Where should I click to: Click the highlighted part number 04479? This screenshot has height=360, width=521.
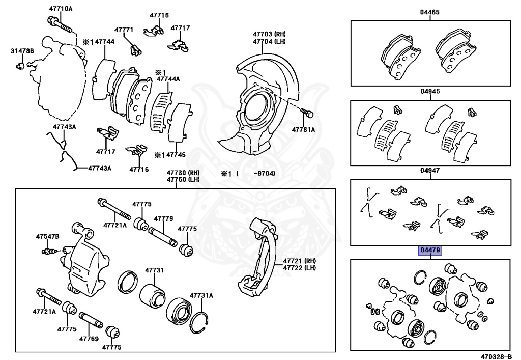click(430, 251)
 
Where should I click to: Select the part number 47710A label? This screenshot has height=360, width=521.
click(61, 9)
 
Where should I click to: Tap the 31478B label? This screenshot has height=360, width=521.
click(22, 51)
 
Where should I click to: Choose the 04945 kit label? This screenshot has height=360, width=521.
click(430, 92)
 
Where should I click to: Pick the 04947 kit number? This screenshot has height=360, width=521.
click(430, 172)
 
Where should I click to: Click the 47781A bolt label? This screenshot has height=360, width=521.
click(303, 130)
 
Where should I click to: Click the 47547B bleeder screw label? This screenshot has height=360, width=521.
click(47, 237)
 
